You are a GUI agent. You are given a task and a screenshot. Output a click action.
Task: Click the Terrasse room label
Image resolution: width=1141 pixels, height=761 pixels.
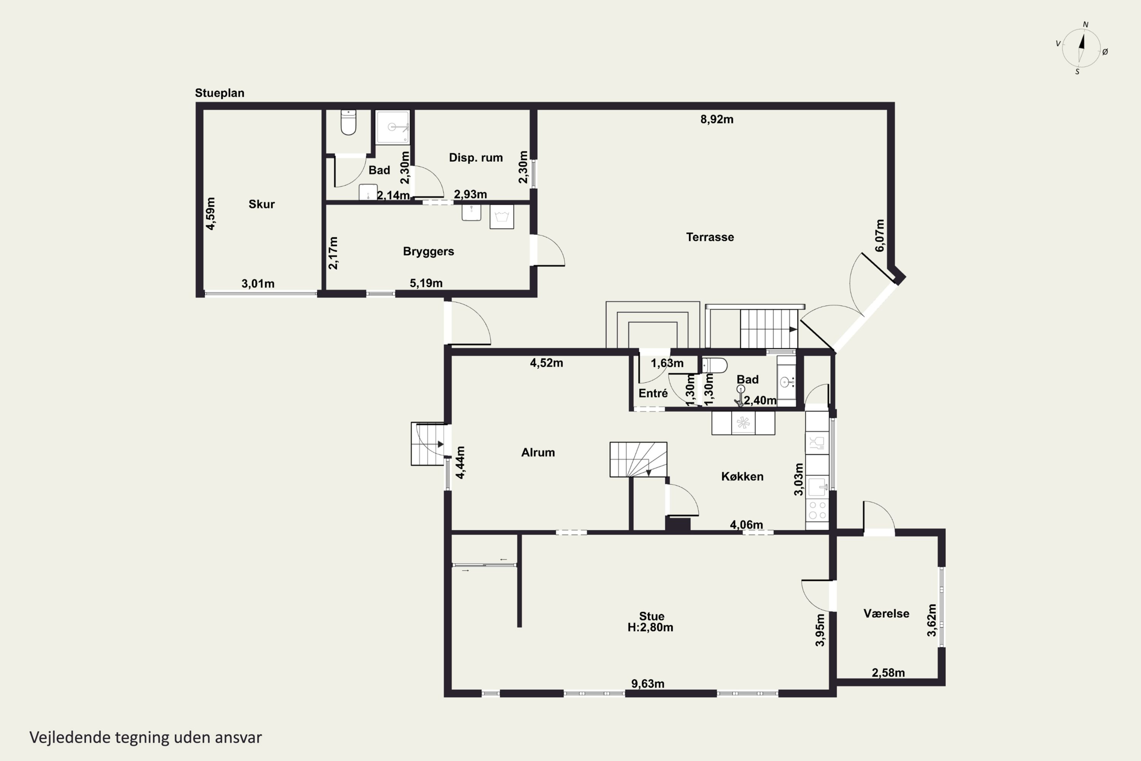tap(710, 237)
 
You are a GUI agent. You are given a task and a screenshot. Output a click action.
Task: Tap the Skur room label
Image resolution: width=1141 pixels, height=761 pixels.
tap(262, 204)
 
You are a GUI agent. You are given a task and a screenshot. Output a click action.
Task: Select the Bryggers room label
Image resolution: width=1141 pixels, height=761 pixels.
tap(428, 252)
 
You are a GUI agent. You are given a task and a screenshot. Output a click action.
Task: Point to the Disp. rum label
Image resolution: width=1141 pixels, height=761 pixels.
tap(475, 158)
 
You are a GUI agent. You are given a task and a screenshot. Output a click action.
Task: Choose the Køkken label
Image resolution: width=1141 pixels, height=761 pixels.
tap(742, 477)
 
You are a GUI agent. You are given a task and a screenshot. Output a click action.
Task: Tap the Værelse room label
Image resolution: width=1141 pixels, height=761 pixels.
tap(886, 613)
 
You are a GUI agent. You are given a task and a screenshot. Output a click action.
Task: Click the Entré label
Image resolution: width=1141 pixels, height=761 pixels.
tap(653, 393)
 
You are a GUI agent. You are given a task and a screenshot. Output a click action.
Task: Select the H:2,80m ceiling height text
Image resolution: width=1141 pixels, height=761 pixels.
tap(650, 627)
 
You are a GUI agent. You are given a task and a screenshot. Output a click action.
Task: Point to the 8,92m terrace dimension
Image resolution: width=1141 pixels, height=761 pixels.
tap(717, 119)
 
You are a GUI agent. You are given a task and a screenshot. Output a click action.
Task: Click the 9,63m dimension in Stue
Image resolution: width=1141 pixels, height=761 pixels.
tap(648, 684)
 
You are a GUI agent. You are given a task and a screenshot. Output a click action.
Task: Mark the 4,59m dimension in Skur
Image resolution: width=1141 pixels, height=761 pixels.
tap(210, 213)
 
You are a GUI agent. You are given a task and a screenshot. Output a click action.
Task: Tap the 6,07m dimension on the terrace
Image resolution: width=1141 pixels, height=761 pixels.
tap(879, 236)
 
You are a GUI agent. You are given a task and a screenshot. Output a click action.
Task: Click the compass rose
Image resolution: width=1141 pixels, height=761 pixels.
tap(1081, 48)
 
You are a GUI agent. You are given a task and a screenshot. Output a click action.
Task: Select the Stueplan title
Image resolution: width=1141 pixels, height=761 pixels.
tap(219, 93)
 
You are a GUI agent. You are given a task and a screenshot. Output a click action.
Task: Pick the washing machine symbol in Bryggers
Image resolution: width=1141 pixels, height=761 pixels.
tap(502, 217)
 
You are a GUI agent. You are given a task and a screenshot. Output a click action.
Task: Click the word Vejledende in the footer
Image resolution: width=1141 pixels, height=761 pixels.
tap(70, 738)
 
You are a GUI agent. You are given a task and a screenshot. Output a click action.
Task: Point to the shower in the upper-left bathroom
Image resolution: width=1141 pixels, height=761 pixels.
tap(393, 127)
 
